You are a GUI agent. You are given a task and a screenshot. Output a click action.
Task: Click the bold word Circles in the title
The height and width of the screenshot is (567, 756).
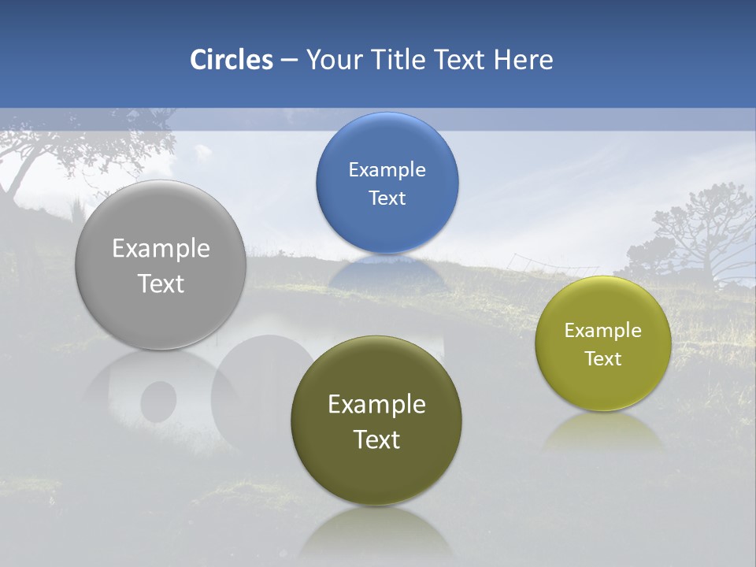pos(232,60)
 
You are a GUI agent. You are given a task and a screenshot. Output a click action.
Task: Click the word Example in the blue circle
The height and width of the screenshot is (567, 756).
pos(387,170)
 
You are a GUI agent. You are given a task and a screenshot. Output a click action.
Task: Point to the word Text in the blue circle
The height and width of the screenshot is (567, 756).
pos(387,198)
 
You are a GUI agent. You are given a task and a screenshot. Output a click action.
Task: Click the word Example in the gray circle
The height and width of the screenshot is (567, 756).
pos(161,249)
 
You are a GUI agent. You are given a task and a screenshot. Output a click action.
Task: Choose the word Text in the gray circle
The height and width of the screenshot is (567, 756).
pos(161,283)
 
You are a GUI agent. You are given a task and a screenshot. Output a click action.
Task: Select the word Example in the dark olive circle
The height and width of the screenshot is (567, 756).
pos(376,405)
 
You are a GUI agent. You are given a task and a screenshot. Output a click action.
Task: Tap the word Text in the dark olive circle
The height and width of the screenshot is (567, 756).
pos(376,439)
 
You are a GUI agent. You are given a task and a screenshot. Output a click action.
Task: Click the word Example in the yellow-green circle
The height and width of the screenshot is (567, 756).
pos(603,331)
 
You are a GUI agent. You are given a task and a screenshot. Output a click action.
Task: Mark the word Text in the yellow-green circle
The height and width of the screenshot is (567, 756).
pos(603,359)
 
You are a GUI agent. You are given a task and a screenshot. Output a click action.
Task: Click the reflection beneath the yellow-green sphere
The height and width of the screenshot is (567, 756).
pos(603,432)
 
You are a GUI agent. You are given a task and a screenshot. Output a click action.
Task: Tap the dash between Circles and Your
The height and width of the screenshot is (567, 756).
pos(289,60)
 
